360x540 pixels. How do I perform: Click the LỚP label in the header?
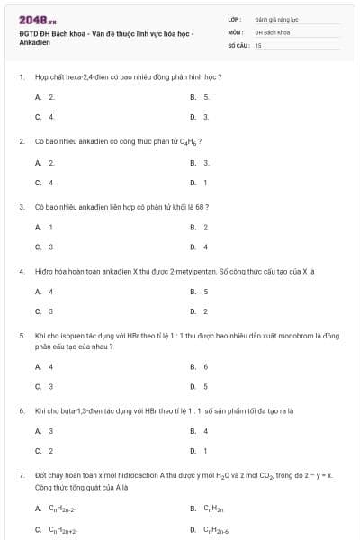tap(234, 18)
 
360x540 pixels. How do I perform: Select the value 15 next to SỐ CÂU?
tap(257, 44)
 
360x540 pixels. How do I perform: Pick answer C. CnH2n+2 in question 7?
tap(59, 529)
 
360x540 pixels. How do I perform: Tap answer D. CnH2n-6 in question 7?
tap(213, 529)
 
